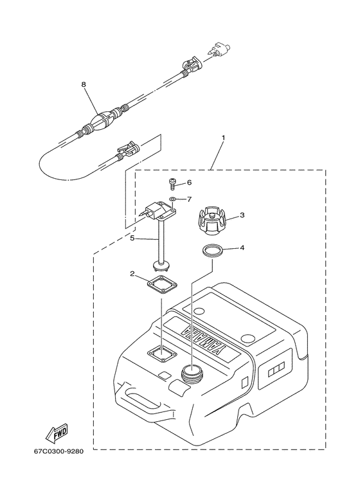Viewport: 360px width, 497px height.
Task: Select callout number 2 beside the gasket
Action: (x=132, y=273)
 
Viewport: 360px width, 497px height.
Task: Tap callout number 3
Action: (x=242, y=215)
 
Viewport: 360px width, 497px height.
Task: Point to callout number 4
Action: (x=242, y=248)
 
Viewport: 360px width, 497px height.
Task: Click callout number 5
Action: (x=132, y=238)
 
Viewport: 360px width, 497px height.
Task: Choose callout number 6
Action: (x=190, y=183)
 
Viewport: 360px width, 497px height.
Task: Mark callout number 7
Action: (x=190, y=199)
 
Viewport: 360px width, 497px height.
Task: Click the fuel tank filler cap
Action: (x=213, y=222)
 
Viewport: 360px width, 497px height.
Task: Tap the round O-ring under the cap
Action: (x=213, y=250)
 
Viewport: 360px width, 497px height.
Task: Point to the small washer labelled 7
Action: (x=174, y=199)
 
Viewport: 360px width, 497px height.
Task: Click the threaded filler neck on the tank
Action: (x=191, y=373)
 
